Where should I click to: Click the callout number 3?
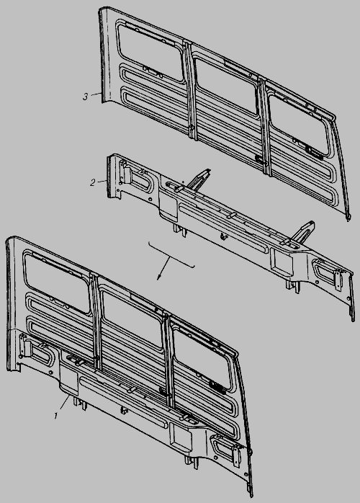click(85, 97)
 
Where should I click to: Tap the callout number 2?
click(93, 183)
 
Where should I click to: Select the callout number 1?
click(56, 416)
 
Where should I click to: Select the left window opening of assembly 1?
click(56, 282)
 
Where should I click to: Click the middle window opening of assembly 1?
click(132, 320)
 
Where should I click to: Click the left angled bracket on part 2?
click(198, 179)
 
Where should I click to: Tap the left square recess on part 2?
click(168, 206)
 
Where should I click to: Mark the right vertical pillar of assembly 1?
click(168, 360)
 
